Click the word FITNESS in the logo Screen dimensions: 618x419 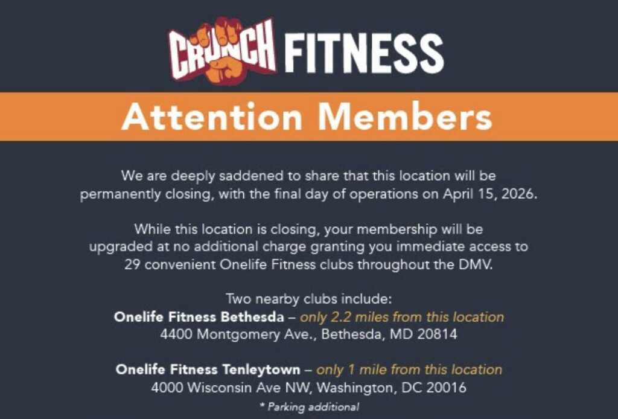pos(364,53)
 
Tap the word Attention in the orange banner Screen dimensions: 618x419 pos(212,117)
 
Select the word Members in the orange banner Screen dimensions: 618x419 pos(405,117)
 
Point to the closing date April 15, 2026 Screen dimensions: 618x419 pos(490,194)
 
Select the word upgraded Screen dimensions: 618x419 pos(114,247)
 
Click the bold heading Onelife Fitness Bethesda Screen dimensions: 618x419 pos(199,317)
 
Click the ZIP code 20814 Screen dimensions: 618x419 pos(438,334)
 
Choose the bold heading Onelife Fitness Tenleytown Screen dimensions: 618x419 pos(208,369)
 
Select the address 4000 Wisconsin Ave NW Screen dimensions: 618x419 pos(232,388)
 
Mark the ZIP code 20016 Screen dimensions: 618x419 pos(446,388)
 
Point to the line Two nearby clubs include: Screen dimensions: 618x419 pos(309,299)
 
